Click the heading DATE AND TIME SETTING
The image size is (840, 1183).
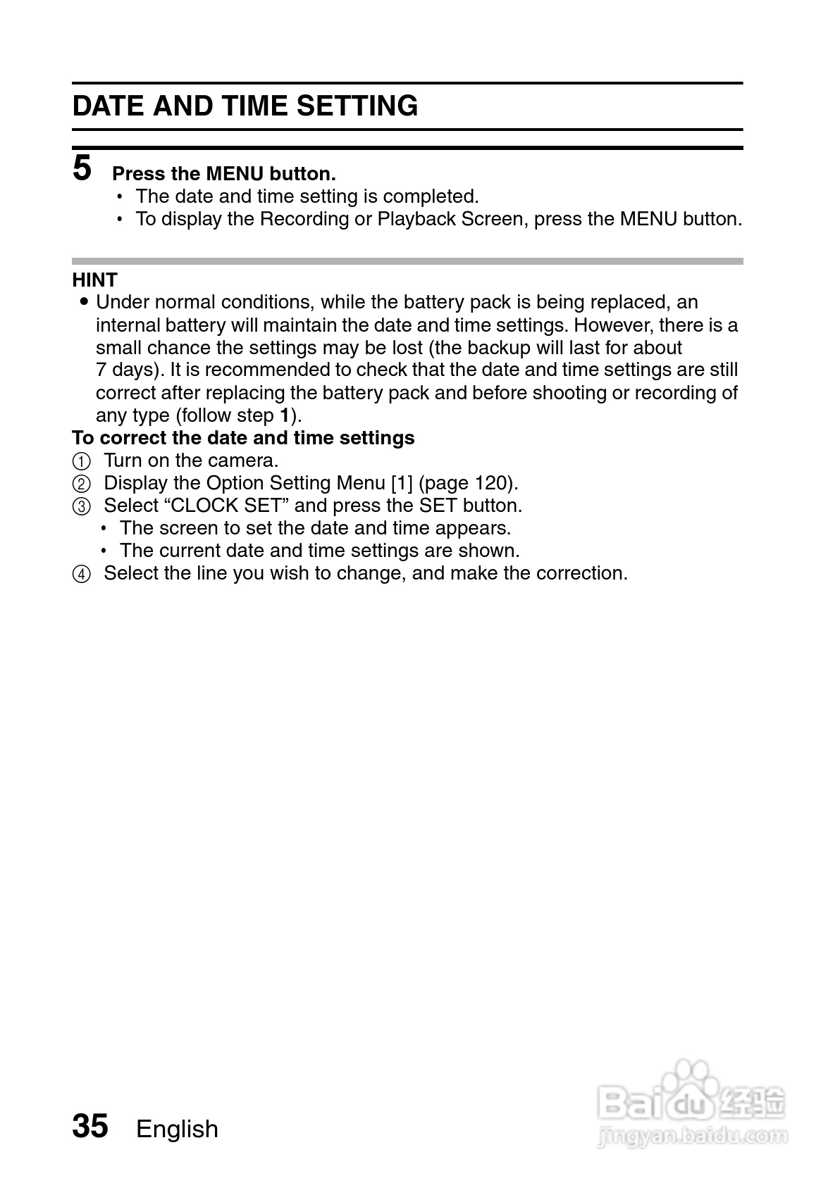pyautogui.click(x=245, y=106)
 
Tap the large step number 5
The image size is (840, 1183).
pyautogui.click(x=82, y=168)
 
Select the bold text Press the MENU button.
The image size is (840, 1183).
pyautogui.click(x=224, y=174)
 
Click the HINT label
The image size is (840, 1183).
pyautogui.click(x=94, y=280)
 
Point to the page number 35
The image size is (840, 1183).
pyautogui.click(x=90, y=1126)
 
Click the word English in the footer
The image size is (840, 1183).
pyautogui.click(x=177, y=1129)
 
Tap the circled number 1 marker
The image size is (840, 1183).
pyautogui.click(x=82, y=462)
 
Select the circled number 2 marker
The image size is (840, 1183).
pyautogui.click(x=82, y=484)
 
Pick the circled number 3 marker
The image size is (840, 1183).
pyautogui.click(x=82, y=507)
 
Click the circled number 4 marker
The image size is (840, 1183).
pyautogui.click(x=82, y=575)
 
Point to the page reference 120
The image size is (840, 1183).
pyautogui.click(x=490, y=483)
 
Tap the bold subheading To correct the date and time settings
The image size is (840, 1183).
pyautogui.click(x=243, y=438)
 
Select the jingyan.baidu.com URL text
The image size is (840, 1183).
pyautogui.click(x=692, y=1135)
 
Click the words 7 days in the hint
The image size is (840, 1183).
pyautogui.click(x=124, y=370)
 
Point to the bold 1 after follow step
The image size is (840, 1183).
pyautogui.click(x=285, y=415)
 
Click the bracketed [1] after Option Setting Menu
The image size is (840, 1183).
pyautogui.click(x=401, y=483)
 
